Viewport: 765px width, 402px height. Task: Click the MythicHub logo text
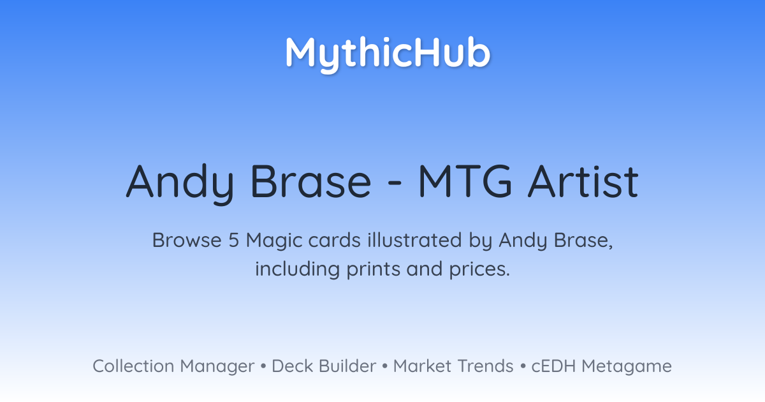point(388,54)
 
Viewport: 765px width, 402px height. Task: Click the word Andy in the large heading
point(180,184)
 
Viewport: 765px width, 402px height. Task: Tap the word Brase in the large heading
point(311,181)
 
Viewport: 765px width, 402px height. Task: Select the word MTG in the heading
point(465,181)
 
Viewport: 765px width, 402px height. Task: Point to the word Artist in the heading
point(583,181)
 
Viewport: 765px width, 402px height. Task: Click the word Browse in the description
point(187,240)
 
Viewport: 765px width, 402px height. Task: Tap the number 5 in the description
point(233,240)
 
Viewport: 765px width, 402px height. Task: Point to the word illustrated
point(414,240)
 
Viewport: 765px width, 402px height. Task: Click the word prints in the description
point(373,270)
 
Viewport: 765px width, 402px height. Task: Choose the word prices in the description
point(479,270)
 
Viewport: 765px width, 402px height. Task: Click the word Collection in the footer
point(133,366)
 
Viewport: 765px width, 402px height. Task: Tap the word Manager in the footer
point(217,368)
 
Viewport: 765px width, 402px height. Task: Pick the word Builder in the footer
point(347,366)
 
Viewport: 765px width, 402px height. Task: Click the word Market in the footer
point(422,366)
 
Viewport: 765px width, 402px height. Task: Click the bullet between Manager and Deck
point(263,366)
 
